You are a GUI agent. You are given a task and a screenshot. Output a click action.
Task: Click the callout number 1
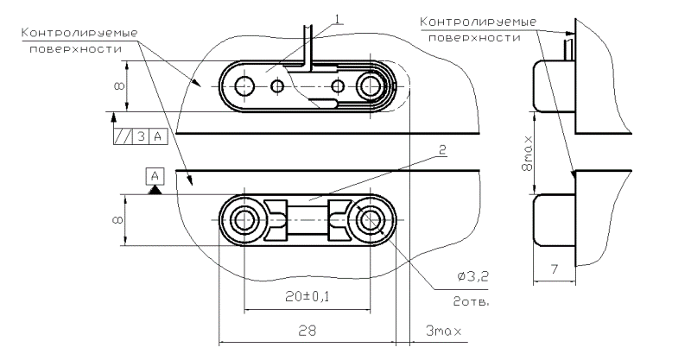click(x=337, y=19)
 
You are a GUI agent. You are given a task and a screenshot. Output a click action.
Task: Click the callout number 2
click(x=442, y=150)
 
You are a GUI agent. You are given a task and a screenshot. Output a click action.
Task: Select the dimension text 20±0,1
click(x=307, y=297)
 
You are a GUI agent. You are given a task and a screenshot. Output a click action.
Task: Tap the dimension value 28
click(x=307, y=330)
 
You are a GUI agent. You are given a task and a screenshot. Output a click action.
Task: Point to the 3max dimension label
click(x=444, y=331)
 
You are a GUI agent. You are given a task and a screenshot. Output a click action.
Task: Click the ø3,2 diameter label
click(x=472, y=277)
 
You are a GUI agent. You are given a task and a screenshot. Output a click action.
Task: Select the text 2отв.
click(x=471, y=302)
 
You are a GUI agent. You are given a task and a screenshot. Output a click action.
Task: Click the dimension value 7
click(x=555, y=268)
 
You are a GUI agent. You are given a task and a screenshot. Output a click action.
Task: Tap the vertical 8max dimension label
click(x=528, y=154)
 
